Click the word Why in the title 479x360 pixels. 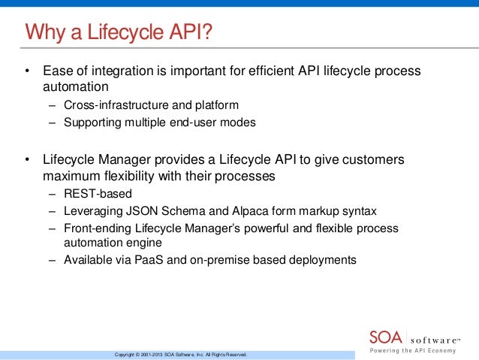pos(43,32)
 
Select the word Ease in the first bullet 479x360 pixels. pos(57,71)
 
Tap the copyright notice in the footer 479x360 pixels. pos(179,354)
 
